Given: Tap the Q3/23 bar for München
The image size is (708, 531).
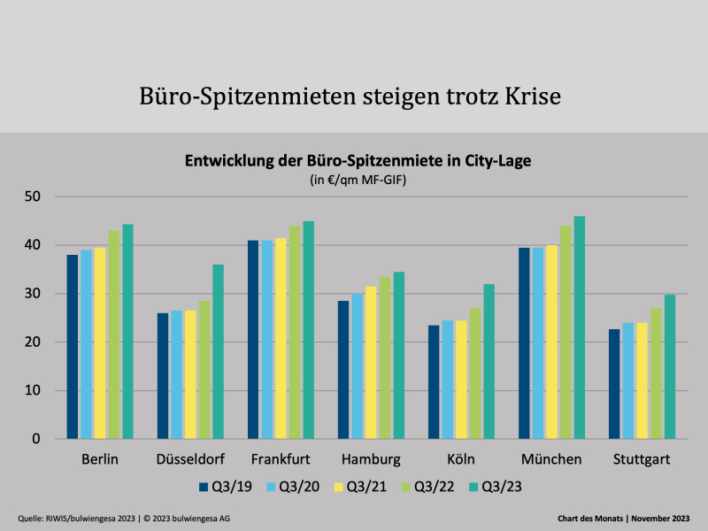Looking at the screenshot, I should (x=580, y=327).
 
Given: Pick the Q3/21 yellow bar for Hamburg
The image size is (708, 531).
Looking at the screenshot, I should (x=370, y=363).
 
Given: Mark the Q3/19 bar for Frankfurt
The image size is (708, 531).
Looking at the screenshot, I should (x=253, y=340).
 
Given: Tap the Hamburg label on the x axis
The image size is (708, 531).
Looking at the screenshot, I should (x=370, y=459).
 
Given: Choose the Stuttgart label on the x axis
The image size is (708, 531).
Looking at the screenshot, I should (x=642, y=459).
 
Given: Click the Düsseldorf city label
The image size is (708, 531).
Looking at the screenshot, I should (x=189, y=459).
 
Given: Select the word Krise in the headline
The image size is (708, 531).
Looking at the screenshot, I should (x=527, y=96).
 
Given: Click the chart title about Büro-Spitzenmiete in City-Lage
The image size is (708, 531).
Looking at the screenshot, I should (x=358, y=161).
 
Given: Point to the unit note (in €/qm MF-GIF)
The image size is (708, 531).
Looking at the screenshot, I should (x=358, y=180).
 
